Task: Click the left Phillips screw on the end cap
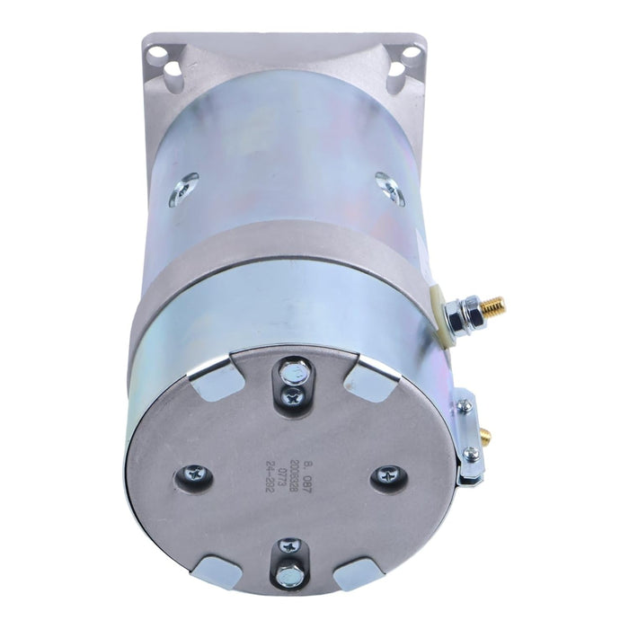(x=195, y=473)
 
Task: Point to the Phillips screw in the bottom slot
(x=290, y=546)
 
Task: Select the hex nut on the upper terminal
(x=464, y=314)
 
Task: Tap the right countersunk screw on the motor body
(x=390, y=188)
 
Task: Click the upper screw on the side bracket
(x=465, y=406)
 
